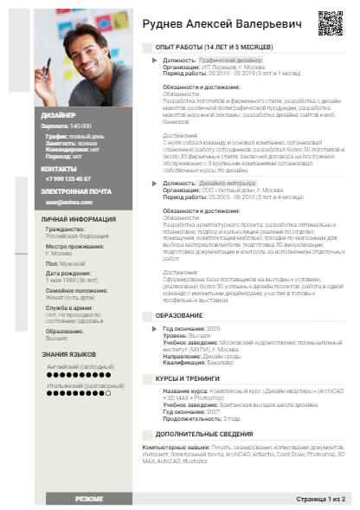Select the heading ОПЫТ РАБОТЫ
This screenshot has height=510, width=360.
point(214,47)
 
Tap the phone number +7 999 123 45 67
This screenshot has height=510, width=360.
point(66,179)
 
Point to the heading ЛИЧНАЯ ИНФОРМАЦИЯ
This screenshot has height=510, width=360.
point(79,219)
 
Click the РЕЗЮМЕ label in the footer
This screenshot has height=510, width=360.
point(89,500)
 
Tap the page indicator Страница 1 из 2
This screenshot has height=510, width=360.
point(320,500)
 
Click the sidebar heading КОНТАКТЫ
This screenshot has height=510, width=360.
point(60,168)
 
